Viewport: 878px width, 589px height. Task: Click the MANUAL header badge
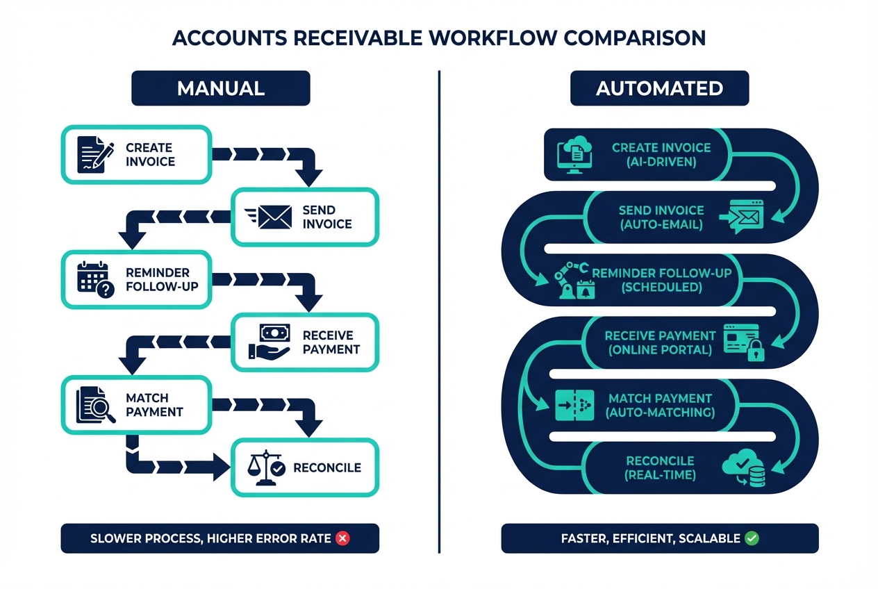coord(220,88)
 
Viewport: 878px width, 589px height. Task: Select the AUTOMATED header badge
coord(659,88)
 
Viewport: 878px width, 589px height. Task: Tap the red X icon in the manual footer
coord(342,538)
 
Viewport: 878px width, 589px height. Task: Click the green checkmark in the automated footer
coord(751,538)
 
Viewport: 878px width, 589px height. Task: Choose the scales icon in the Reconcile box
coord(267,467)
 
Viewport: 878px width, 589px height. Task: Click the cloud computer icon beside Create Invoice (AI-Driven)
coord(576,154)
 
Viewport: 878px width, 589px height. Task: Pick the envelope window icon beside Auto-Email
coord(743,215)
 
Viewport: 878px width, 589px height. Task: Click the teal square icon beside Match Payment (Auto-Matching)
coord(575,405)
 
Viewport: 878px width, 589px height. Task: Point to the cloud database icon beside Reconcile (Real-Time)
coord(744,467)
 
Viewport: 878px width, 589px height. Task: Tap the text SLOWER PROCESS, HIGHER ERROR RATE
coord(210,538)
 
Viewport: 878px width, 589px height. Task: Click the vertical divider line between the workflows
coord(440,313)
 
